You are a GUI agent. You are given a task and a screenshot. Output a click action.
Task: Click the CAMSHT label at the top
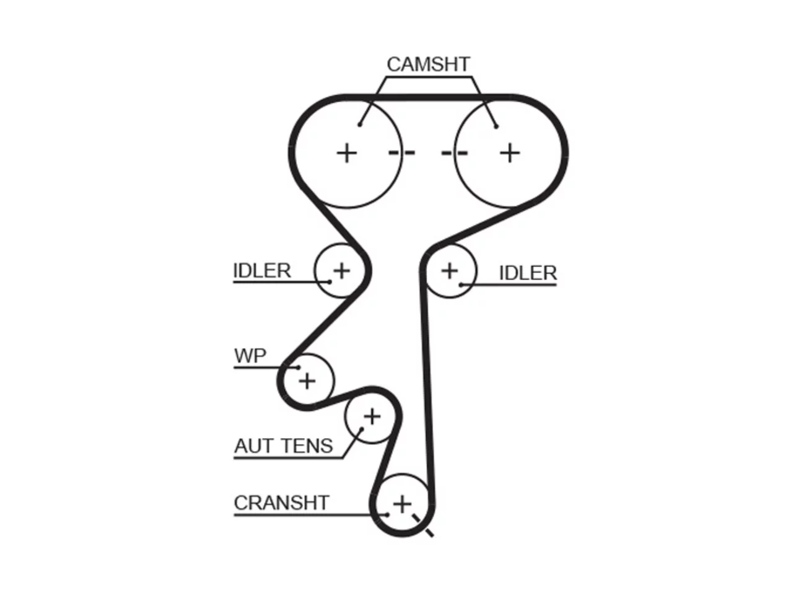[428, 64]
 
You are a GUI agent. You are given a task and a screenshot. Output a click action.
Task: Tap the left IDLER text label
[262, 271]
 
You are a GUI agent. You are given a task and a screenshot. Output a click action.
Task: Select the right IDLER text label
[528, 273]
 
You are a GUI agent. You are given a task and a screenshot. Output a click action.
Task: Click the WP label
[250, 356]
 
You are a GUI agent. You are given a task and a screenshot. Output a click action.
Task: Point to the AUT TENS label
[284, 446]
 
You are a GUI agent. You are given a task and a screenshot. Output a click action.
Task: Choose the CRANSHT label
[281, 503]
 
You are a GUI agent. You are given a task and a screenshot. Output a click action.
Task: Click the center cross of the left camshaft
[347, 153]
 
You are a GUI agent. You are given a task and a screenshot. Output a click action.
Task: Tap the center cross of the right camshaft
[510, 153]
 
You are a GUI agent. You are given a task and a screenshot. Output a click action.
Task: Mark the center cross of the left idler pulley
[341, 271]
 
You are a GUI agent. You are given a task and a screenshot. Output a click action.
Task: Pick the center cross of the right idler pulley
[450, 271]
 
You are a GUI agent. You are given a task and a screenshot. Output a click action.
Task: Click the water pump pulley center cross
[307, 381]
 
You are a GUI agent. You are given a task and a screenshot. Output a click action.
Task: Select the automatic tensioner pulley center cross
[372, 417]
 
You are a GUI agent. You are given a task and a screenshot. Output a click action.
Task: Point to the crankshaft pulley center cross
[402, 505]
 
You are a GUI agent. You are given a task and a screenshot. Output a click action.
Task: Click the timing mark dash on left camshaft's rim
[401, 153]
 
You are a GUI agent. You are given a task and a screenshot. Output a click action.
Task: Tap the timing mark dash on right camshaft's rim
[455, 153]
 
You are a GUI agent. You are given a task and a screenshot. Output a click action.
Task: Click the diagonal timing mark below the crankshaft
[423, 526]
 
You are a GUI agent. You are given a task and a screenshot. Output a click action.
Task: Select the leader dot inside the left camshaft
[359, 125]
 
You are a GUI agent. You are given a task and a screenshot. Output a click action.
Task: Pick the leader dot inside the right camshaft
[496, 126]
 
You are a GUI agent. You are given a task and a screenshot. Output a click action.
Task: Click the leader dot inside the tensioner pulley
[362, 429]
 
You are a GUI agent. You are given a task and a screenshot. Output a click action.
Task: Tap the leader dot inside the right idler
[461, 285]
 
